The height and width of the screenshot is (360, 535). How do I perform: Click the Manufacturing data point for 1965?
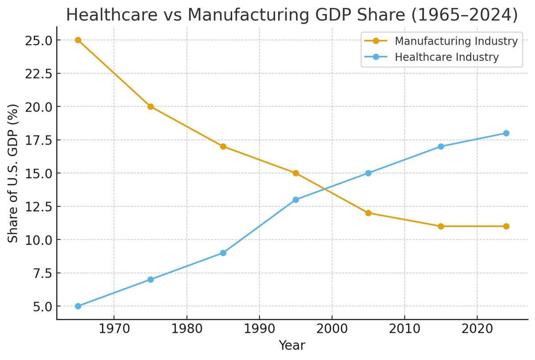coord(78,40)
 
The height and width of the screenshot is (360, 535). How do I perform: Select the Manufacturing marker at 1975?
coord(151,107)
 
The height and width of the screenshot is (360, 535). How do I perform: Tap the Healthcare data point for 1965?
coord(78,306)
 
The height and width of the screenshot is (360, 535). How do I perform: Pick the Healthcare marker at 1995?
coord(296,200)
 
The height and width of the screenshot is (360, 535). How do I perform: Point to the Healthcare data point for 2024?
coord(506,133)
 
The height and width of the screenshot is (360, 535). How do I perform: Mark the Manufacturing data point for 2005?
coord(368,213)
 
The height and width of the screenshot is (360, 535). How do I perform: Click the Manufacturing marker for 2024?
coord(506,226)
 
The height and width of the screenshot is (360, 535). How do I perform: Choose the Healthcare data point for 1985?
coord(223,253)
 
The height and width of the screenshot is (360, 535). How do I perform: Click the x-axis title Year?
coord(292,346)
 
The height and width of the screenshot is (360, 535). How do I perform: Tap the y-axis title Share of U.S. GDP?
coord(13,173)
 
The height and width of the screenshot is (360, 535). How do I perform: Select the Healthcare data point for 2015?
coord(441,146)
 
